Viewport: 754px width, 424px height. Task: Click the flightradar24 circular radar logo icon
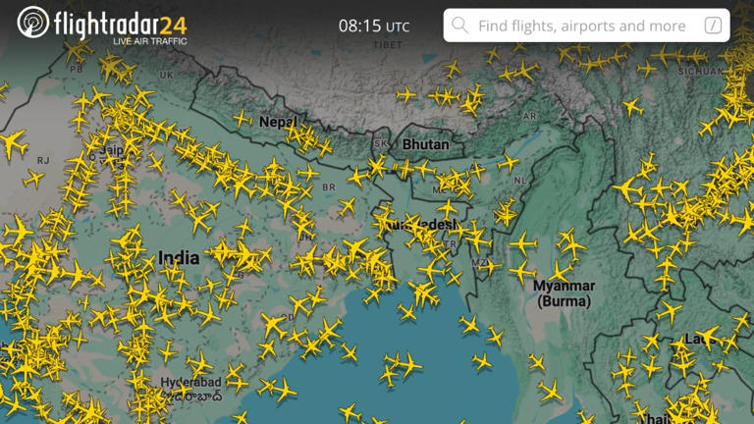[33, 22]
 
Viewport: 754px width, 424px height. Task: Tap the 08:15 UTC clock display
[374, 26]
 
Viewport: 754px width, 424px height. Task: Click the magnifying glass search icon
[459, 26]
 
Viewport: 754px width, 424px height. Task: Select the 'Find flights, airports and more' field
[581, 26]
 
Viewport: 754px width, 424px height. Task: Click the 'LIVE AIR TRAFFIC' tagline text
[150, 41]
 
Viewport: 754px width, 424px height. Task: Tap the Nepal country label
[277, 123]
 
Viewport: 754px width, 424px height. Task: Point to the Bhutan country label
[425, 144]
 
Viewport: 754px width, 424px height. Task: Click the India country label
[178, 258]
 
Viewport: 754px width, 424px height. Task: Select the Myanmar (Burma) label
[564, 292]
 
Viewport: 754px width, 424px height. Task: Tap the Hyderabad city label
[190, 381]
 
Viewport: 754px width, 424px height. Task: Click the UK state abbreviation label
[166, 75]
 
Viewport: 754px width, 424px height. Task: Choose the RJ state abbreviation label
[43, 160]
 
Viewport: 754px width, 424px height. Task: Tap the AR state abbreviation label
[530, 116]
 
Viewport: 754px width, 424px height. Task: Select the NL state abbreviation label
[520, 181]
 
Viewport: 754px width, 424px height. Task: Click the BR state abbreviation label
[328, 186]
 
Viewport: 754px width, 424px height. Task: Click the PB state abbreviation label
[76, 70]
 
